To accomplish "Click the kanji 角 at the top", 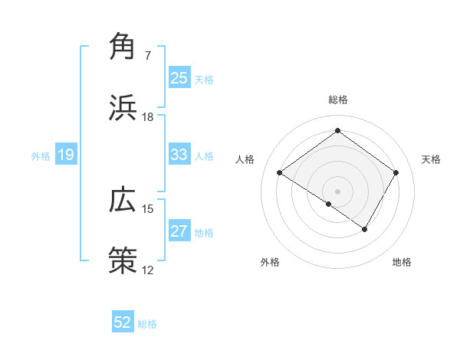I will coord(122,47).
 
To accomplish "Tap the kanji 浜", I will coord(122,106).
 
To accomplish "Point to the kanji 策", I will coord(122,259).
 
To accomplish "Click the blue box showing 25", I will coord(179,77).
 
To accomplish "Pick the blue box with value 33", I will coord(179,155).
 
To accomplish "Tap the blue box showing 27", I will coord(179,231).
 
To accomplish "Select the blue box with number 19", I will coord(66,155).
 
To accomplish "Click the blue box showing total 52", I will coord(123,322).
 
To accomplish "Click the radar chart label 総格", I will coord(337,100).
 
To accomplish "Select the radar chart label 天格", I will coord(431,159).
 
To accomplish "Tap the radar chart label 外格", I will coord(270,263).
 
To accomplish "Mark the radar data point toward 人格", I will coord(280,173).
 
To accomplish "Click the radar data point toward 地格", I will coord(365,229).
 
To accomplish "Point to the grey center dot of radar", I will coord(337,191).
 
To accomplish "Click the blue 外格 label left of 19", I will coord(41,155).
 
